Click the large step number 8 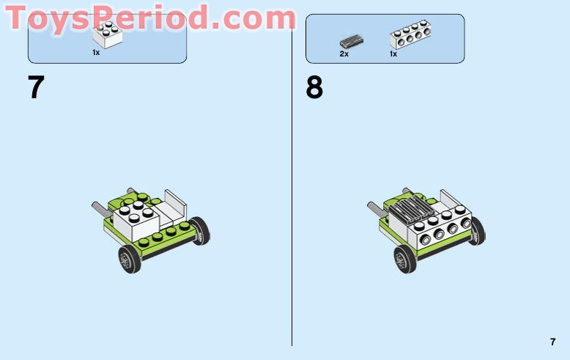[x=314, y=88]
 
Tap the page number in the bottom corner [x=552, y=342]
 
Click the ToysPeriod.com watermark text [x=150, y=18]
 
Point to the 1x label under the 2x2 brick [x=96, y=53]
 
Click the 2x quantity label [x=344, y=54]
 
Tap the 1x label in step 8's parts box [x=393, y=54]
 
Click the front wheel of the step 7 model [x=130, y=260]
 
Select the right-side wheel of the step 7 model [x=199, y=232]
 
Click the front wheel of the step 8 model [x=404, y=260]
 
